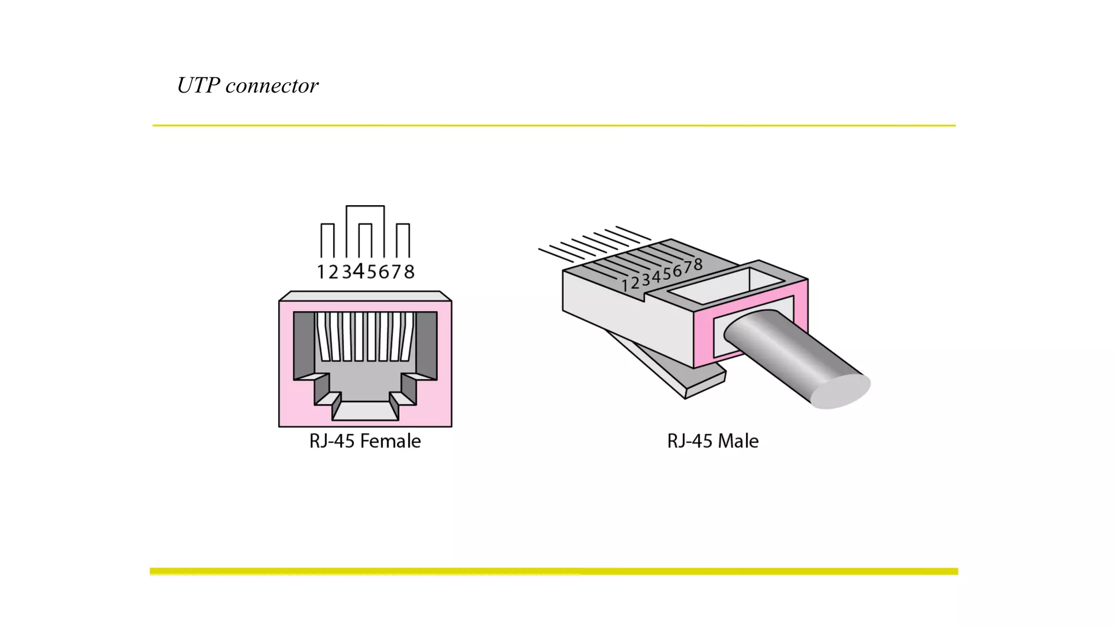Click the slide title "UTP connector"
pos(248,85)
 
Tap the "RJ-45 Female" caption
pos(365,441)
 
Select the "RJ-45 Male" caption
pos(713,441)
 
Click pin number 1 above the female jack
pos(321,272)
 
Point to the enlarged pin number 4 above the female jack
pos(358,271)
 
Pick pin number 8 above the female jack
pos(409,272)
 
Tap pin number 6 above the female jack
pos(384,272)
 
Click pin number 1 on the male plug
pos(625,285)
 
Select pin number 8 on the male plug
pos(697,265)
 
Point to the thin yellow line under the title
pos(554,126)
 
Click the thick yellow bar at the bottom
pos(554,571)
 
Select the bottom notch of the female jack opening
pos(365,410)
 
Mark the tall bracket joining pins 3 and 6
pos(365,206)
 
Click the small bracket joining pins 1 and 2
pos(327,224)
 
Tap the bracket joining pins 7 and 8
pos(402,224)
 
